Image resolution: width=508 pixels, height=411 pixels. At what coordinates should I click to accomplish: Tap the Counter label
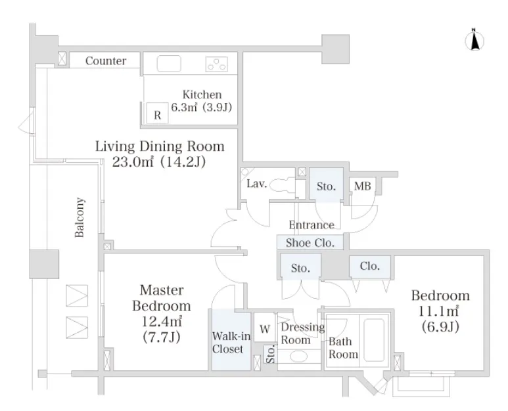[106, 61]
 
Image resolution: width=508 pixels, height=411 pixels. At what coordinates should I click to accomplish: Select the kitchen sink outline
[169, 64]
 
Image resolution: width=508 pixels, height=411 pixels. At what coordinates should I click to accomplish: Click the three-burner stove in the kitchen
[216, 64]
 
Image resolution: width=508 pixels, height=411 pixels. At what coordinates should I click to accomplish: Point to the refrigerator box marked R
[158, 113]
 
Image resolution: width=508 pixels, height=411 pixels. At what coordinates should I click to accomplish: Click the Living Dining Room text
[160, 146]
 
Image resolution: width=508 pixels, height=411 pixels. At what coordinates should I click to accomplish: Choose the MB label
[362, 186]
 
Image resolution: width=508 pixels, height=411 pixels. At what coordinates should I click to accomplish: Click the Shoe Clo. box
[310, 242]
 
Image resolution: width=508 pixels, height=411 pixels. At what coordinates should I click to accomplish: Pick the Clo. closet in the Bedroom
[369, 267]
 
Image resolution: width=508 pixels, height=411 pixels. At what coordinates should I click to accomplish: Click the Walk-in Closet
[231, 340]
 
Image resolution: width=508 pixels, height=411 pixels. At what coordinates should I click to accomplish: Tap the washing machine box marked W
[265, 327]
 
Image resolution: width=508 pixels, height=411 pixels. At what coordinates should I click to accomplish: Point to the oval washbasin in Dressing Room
[298, 357]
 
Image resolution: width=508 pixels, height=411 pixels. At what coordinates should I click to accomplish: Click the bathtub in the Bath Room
[374, 340]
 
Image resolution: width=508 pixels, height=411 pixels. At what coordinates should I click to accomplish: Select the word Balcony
[80, 217]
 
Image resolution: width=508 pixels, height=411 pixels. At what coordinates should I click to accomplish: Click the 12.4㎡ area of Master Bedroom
[162, 321]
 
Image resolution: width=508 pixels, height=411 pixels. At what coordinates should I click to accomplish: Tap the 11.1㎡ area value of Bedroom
[439, 311]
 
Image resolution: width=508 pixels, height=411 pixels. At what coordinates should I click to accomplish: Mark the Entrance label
[312, 225]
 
